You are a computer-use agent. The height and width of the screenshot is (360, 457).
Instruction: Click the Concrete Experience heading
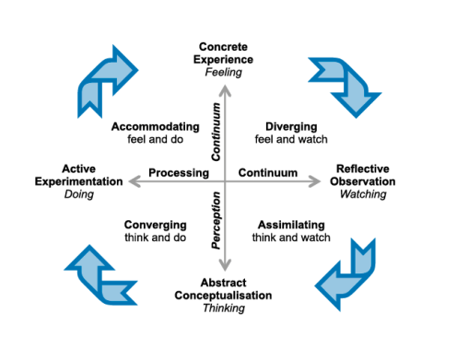coord(227,52)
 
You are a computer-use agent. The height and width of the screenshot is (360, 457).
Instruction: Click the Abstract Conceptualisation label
coord(224,288)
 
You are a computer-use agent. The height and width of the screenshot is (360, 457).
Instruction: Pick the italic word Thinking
coord(224,308)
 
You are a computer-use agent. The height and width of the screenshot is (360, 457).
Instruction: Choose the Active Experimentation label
coord(92,175)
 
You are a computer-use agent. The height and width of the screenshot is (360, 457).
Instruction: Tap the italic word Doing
coord(92,194)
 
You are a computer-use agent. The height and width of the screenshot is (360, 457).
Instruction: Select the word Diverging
coord(291,126)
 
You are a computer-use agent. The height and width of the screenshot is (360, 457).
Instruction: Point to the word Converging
coord(154,224)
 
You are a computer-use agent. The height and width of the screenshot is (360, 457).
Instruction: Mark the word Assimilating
coord(290,224)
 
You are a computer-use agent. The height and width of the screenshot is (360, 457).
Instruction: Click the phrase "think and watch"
coord(290,238)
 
